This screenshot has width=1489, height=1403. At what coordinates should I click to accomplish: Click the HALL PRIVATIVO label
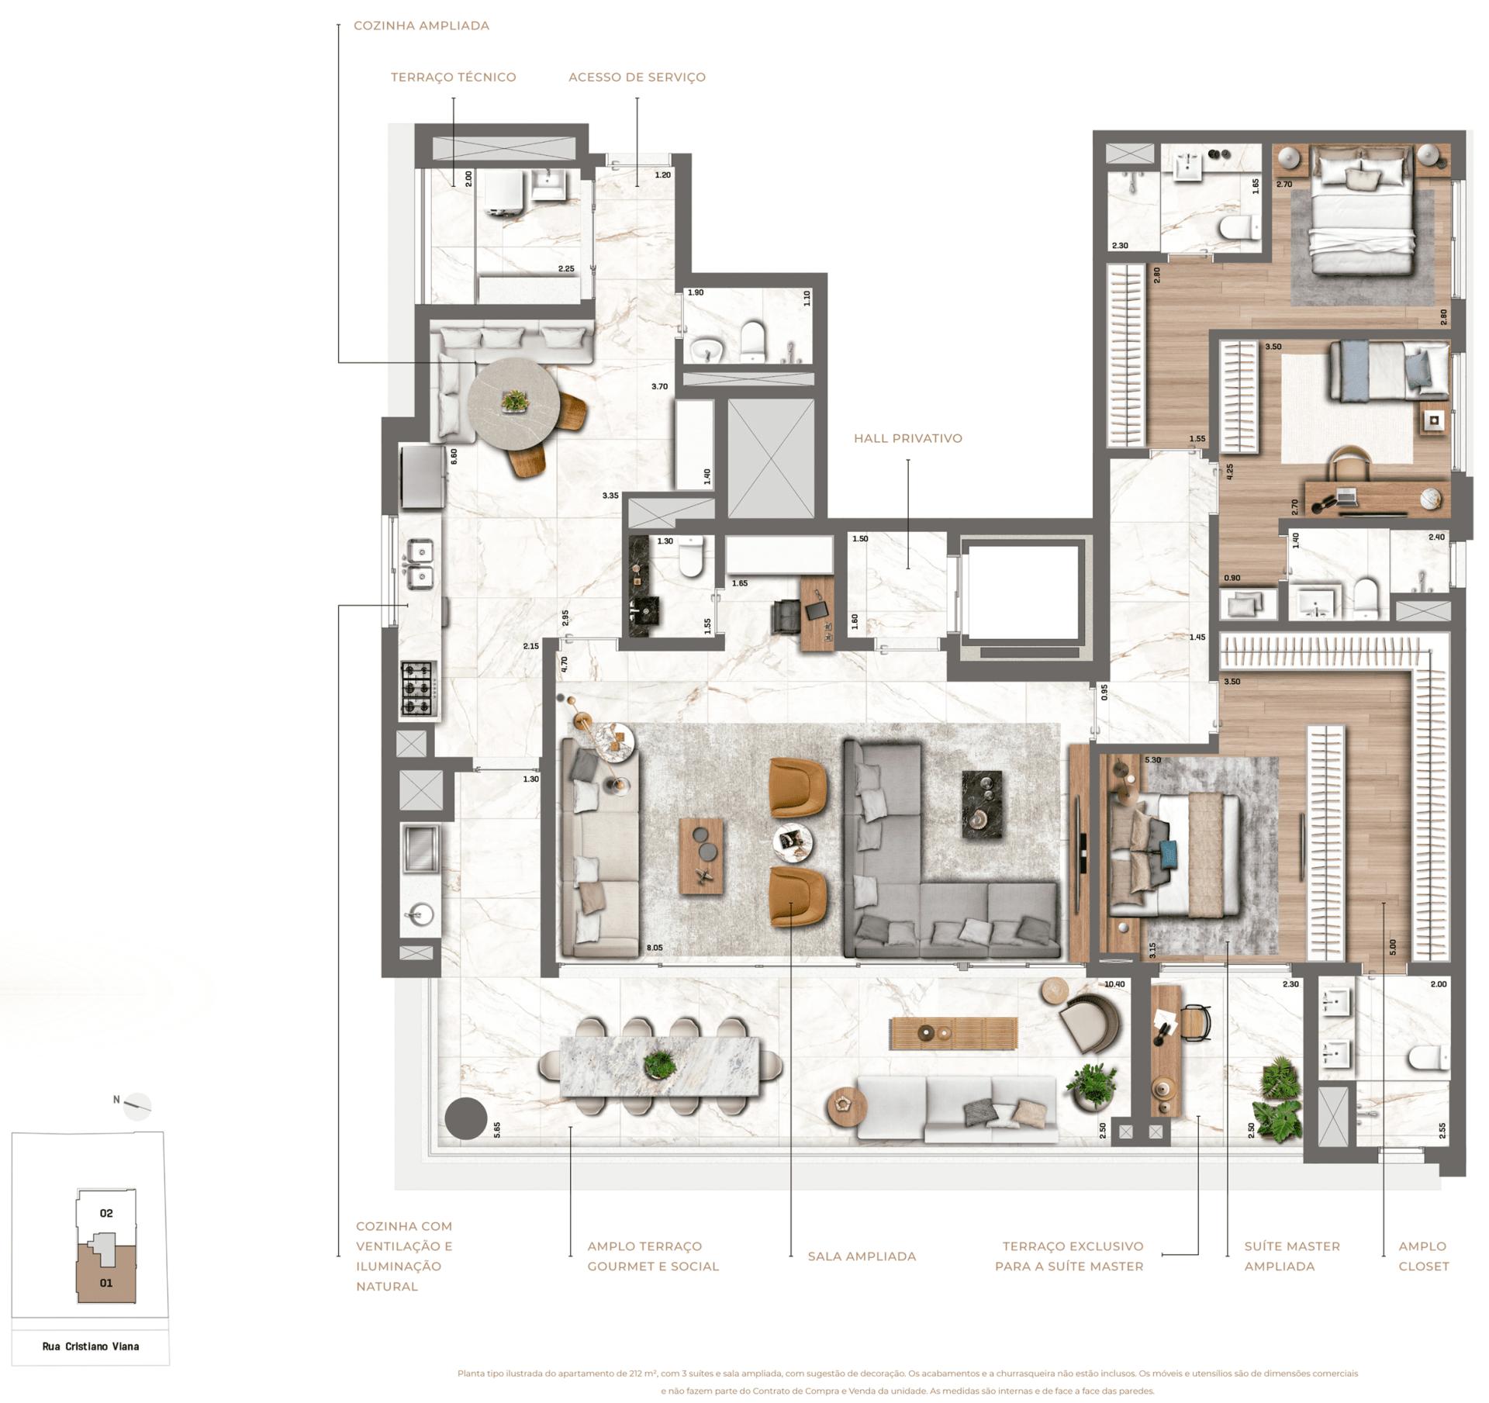pos(907,438)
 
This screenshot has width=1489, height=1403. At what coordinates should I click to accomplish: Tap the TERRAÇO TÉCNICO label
pos(453,78)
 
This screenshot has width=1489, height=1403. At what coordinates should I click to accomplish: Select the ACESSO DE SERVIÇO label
pos(637,78)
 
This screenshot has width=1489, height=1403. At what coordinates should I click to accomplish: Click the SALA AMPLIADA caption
pos(862,1256)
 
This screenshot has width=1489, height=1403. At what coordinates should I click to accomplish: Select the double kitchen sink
pos(420,564)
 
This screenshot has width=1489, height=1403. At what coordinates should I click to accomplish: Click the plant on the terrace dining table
pos(659,1063)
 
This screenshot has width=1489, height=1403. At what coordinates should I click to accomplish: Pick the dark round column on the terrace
pos(466,1118)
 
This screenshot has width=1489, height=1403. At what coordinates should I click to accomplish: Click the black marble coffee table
pos(981,804)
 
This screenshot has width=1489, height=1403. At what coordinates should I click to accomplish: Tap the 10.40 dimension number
pos(1114,984)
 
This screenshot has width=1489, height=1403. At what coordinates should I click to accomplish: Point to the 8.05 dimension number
pos(654,948)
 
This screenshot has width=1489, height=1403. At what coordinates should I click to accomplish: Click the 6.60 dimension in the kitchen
pos(454,457)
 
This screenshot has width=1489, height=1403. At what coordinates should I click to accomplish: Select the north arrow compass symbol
pos(137,1106)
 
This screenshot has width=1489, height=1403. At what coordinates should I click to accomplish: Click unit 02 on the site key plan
pos(106,1213)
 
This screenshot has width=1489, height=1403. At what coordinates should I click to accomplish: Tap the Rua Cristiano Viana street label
pos(91,1346)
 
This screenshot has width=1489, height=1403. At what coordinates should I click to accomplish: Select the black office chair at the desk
pos(783,617)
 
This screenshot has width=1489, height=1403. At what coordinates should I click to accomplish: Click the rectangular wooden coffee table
pos(702,858)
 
